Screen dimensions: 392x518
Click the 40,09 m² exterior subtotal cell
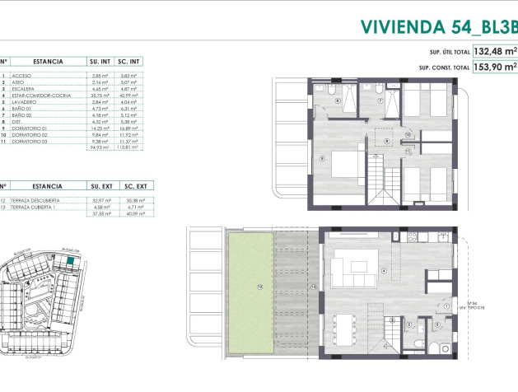[x=129, y=213]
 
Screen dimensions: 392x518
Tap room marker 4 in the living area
[x=384, y=271]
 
